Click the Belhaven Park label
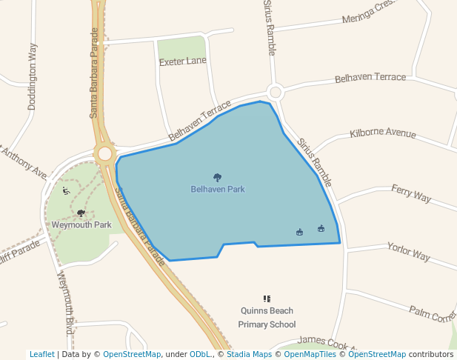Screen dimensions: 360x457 click(217, 189)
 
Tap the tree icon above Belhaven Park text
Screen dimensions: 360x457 click(217, 177)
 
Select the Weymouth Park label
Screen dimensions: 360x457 click(81, 224)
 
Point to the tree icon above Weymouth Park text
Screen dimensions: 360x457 click(81, 213)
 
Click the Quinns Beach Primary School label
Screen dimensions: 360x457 click(267, 318)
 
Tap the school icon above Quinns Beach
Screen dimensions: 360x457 click(267, 299)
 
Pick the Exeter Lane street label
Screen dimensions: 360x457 click(183, 61)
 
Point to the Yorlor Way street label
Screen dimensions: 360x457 click(408, 251)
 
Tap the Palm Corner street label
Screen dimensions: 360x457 click(433, 314)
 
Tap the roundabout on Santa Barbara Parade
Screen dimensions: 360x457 click(104, 154)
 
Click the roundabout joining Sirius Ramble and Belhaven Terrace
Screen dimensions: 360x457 click(276, 93)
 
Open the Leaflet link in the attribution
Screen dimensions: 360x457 click(42, 354)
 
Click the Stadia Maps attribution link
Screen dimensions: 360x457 click(249, 354)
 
